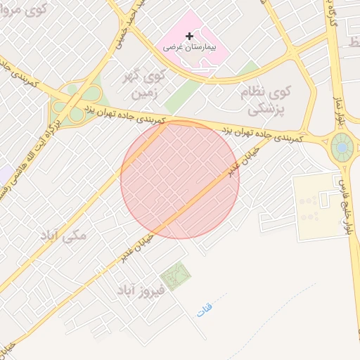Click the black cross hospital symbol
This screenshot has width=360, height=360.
tap(188, 36)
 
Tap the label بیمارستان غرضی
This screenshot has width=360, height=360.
tap(189, 47)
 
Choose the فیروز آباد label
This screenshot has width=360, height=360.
tap(141, 289)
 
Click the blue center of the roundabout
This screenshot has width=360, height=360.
tap(342, 148)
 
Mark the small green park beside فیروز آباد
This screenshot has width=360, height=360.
tap(174, 276)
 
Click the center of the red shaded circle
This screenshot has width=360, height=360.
tap(180, 179)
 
